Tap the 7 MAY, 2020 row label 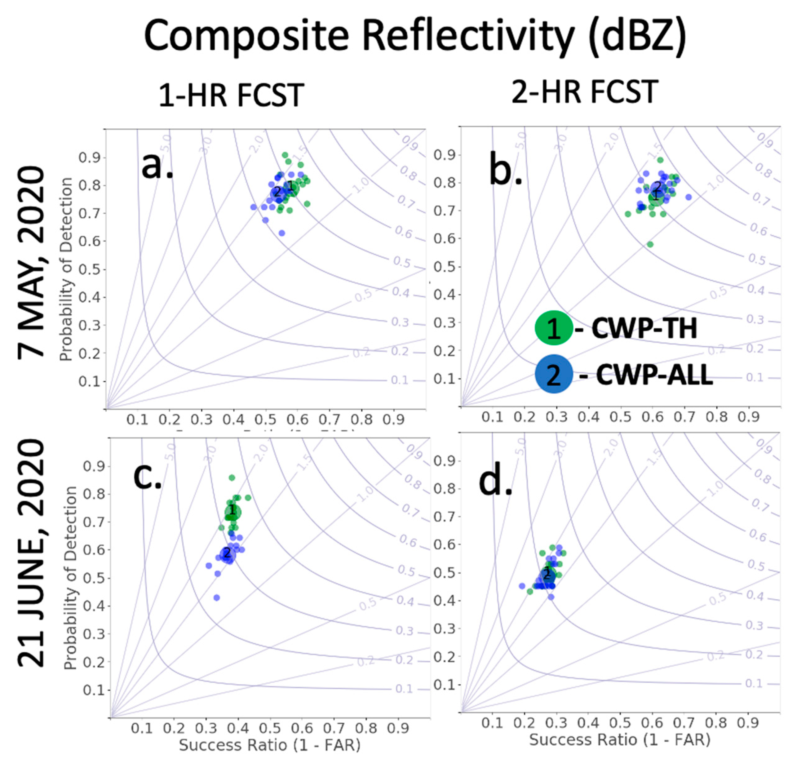(x=31, y=262)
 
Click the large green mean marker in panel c (x=232, y=511)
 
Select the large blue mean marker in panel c (x=226, y=555)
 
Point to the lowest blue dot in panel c (x=217, y=598)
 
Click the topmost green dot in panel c (x=232, y=478)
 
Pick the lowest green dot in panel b (x=650, y=244)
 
